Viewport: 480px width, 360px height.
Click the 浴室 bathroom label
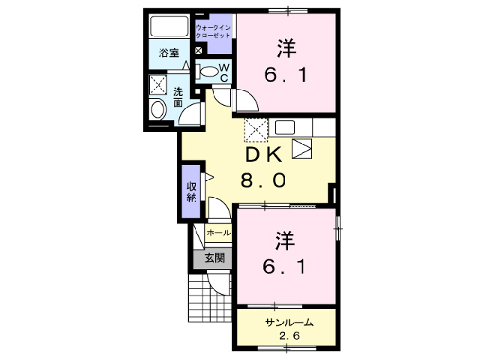pos(169,52)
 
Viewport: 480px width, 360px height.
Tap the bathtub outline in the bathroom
pos(172,27)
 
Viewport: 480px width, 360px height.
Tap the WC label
pos(224,71)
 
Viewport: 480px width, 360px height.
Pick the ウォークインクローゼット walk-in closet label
pos(213,31)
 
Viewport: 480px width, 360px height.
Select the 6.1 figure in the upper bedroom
pos(284,75)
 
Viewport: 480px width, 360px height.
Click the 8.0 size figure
pos(262,180)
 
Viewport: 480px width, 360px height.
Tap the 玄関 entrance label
pos(214,258)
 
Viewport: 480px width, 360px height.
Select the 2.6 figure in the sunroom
pos(289,336)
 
